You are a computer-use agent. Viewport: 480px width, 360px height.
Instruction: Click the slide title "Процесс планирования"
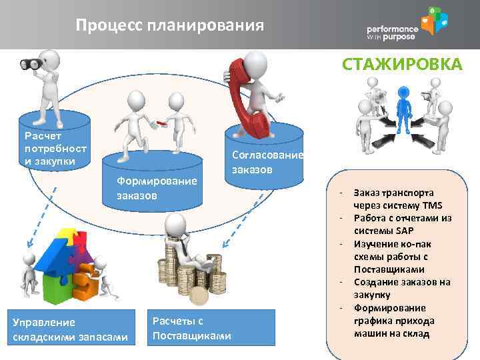[x=169, y=25]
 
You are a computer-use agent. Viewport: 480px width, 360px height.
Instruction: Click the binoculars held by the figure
[x=31, y=64]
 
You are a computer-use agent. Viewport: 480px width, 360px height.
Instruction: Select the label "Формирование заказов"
[x=156, y=188]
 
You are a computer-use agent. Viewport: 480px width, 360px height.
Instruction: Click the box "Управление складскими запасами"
[x=70, y=330]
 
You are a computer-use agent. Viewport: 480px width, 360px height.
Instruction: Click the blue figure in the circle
[x=402, y=110]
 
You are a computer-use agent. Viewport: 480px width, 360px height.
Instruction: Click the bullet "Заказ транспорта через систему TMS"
[x=397, y=199]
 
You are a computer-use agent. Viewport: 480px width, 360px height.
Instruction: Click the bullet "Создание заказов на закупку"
[x=401, y=288]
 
